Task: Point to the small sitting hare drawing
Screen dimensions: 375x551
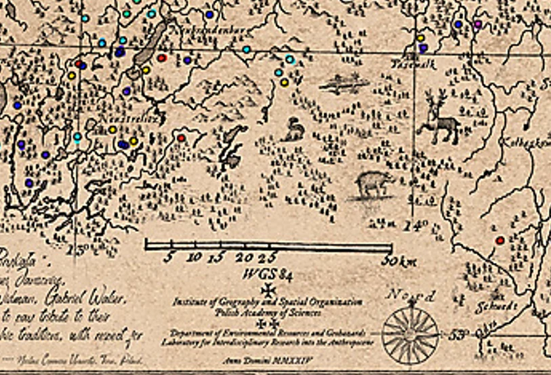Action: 293,130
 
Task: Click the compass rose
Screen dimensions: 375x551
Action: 411,332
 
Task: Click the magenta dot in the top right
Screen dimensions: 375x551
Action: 478,24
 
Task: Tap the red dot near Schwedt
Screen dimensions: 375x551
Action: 500,240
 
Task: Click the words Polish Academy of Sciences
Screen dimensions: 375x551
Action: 266,312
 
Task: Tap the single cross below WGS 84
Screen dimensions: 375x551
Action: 270,290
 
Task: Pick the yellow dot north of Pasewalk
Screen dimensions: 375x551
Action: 420,38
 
